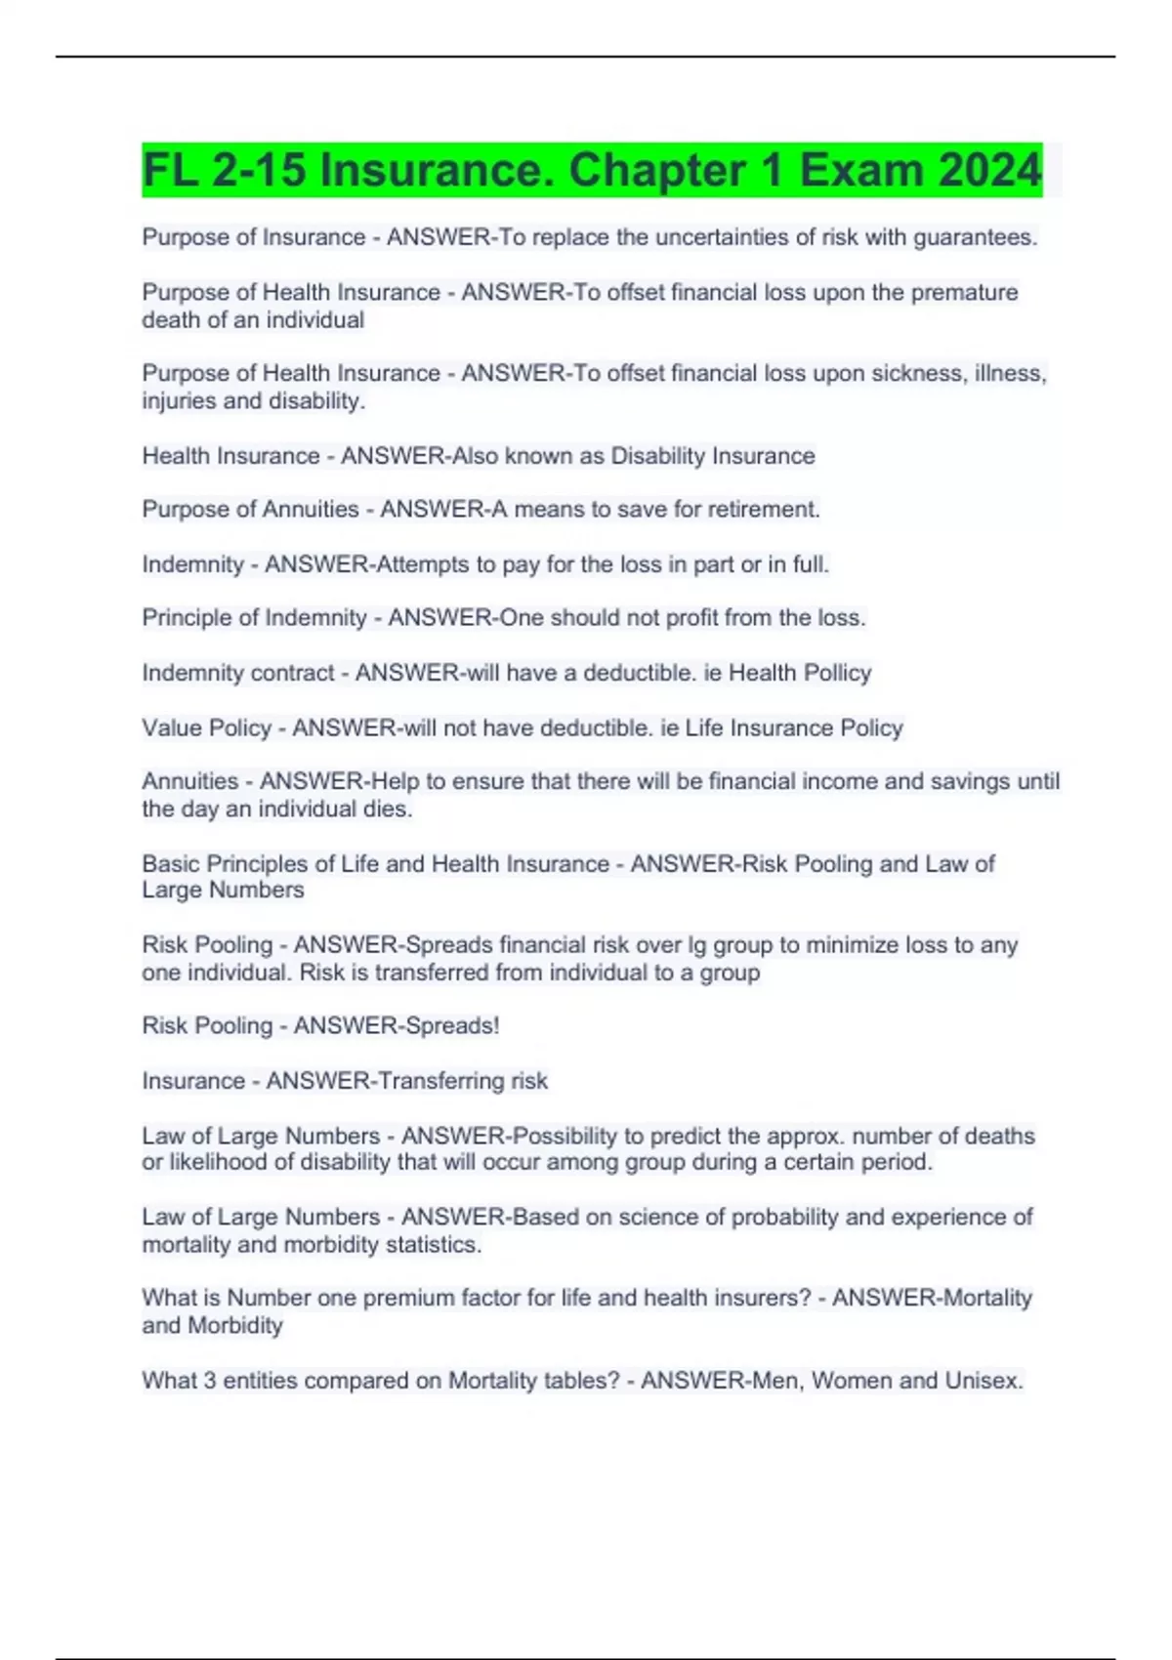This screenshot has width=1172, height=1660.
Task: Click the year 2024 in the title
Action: [989, 171]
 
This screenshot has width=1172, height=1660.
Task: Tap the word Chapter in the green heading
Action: [660, 171]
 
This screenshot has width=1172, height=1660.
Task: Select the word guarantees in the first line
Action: [974, 237]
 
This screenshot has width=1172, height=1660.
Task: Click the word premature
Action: [964, 292]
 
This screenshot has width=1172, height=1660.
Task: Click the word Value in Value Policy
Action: [173, 727]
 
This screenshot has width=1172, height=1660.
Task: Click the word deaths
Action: [999, 1136]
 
